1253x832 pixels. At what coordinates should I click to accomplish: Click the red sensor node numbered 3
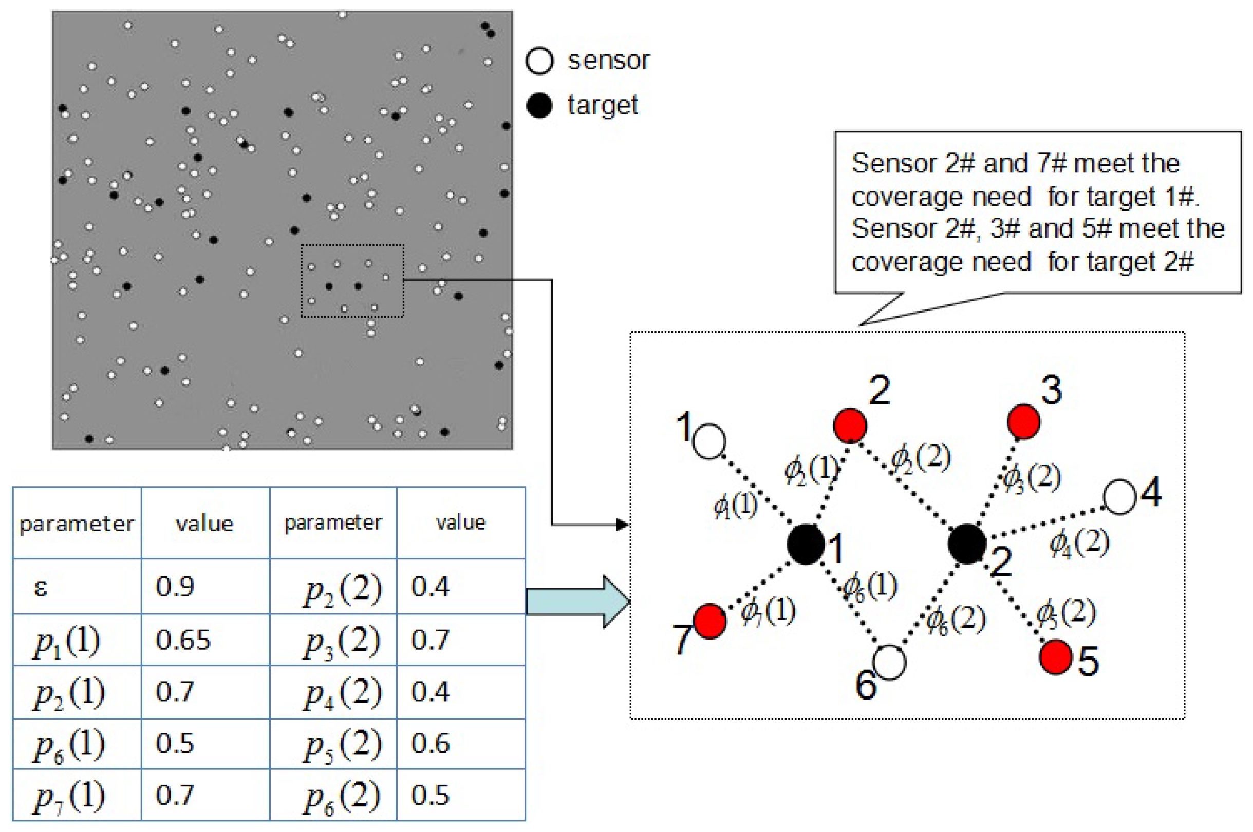pos(1023,422)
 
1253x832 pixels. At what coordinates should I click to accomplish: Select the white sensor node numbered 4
pos(1120,497)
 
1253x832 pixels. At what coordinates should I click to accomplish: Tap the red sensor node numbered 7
pos(710,621)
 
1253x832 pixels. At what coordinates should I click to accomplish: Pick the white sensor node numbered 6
pos(889,662)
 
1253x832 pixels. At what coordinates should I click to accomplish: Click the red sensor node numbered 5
pos(1056,657)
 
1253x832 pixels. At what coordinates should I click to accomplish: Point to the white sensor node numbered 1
pos(709,441)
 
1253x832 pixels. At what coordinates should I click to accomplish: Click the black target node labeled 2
pos(967,544)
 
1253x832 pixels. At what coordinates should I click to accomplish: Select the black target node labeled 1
pos(806,544)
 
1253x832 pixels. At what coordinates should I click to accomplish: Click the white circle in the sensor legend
pos(539,61)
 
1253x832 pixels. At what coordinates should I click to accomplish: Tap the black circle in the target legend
pos(539,105)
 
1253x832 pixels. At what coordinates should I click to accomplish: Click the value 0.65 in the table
pos(183,640)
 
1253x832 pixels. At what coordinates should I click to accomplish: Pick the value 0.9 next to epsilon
pos(175,587)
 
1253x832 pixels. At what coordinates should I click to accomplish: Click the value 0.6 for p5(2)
pos(430,743)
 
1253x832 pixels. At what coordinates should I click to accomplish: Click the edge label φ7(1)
pos(768,611)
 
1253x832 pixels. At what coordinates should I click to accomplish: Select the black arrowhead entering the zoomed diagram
pos(622,525)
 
